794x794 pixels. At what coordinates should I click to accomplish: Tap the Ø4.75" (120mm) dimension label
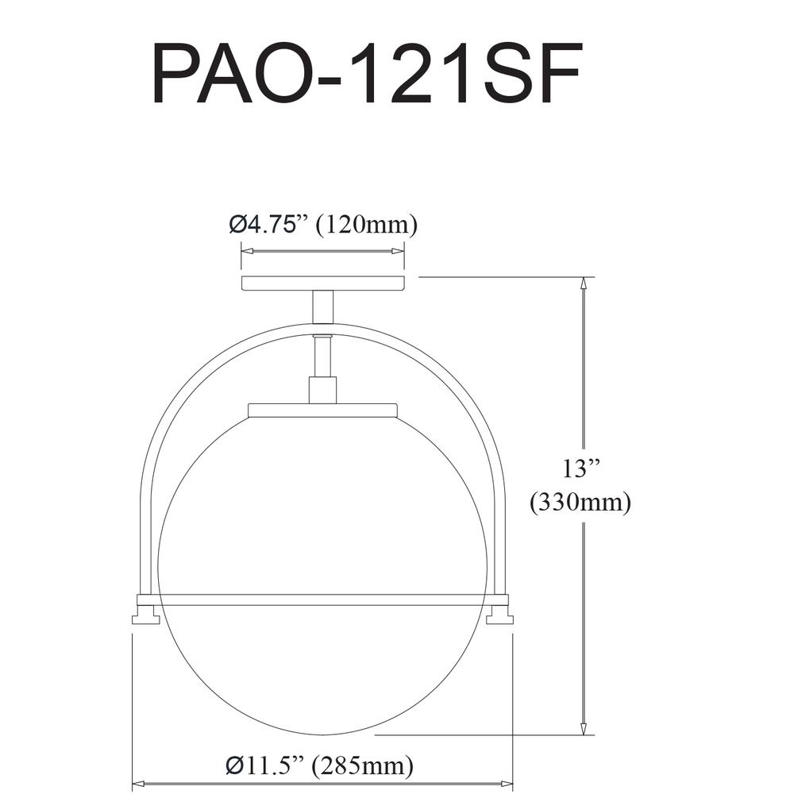click(x=323, y=225)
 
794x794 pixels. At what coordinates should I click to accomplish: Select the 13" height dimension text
click(x=580, y=469)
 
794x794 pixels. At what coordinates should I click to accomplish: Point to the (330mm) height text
click(x=580, y=503)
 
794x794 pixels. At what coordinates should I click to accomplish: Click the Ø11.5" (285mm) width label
click(x=320, y=765)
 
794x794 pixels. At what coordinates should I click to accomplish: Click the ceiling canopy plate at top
click(x=323, y=283)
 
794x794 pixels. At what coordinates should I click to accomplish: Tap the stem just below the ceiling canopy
click(x=323, y=306)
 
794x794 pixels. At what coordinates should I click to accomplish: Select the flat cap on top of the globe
click(x=322, y=410)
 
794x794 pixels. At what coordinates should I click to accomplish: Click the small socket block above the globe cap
click(x=322, y=390)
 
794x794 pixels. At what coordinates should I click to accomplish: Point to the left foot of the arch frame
click(x=145, y=617)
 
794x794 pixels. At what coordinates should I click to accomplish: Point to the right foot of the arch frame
click(x=500, y=617)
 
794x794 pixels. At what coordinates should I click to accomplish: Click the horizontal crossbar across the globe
click(x=322, y=599)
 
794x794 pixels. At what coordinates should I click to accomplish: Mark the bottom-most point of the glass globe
click(x=322, y=734)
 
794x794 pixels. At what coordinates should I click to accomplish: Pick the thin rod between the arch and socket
click(x=322, y=356)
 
